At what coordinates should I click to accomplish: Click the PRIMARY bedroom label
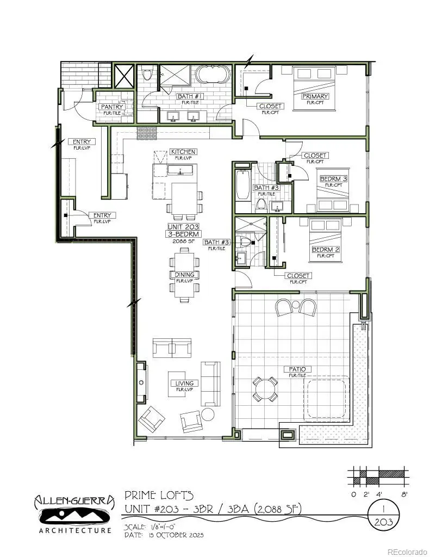tap(315, 96)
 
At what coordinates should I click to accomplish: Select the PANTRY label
tap(112, 107)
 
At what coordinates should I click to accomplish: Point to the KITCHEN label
tap(183, 151)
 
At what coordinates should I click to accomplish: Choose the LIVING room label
tap(184, 383)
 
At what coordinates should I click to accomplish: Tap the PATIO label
tap(297, 369)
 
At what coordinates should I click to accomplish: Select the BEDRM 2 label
tap(326, 250)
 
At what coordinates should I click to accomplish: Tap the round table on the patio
tap(265, 389)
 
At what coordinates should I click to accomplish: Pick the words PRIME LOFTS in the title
tap(159, 496)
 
